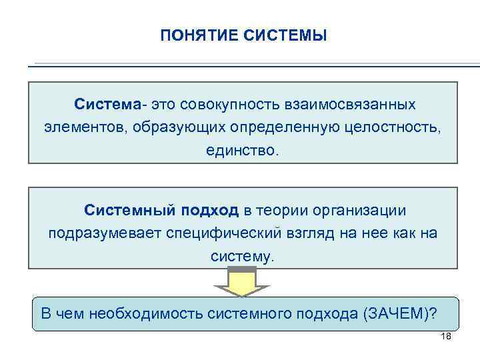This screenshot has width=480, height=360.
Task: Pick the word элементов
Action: point(79,127)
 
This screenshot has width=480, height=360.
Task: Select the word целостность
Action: point(390,127)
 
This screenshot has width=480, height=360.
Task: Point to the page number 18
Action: point(447,336)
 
